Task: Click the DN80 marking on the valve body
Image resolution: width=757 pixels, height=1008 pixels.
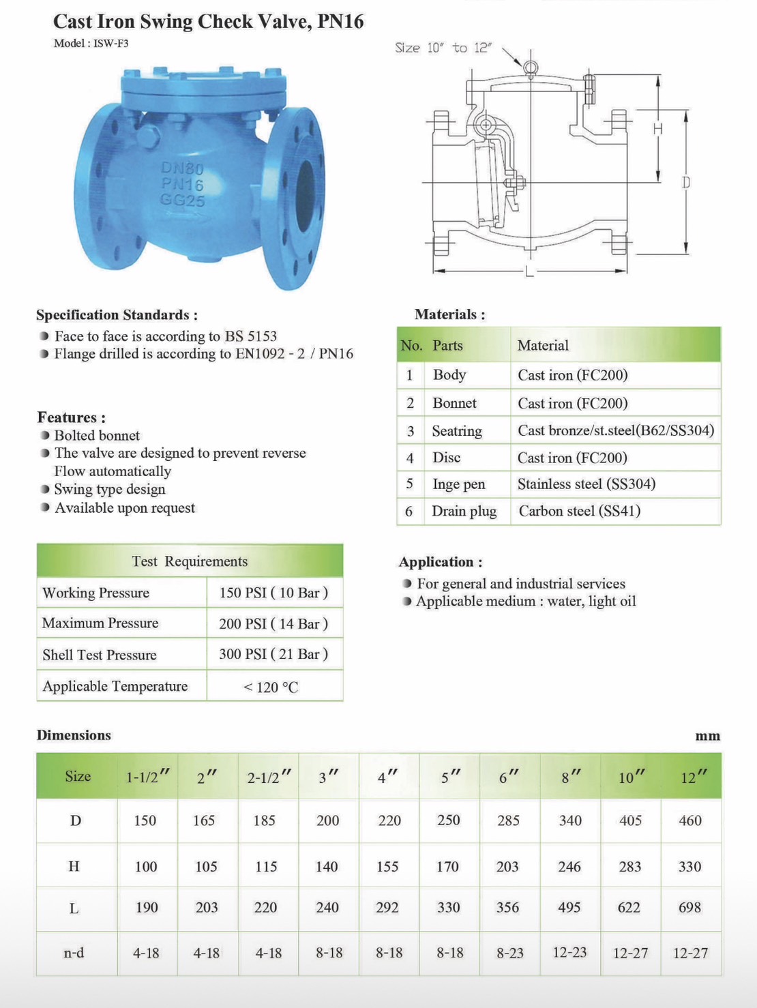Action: [182, 168]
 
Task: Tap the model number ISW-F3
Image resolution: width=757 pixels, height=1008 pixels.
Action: [111, 44]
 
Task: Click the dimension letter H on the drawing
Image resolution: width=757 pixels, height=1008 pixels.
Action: [657, 129]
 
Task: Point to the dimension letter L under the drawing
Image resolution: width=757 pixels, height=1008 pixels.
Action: [529, 272]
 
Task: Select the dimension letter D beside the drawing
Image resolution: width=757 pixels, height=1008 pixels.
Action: [686, 182]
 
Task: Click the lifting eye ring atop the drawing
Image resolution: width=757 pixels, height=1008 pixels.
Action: [530, 68]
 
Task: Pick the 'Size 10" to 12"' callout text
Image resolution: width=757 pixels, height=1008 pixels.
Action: [443, 48]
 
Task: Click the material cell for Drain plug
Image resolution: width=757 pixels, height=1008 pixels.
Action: [580, 511]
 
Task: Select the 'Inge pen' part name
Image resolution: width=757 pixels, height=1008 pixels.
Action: [458, 484]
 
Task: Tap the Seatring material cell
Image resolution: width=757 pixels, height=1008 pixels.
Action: [616, 430]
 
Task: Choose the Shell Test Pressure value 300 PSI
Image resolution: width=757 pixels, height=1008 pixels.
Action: [273, 654]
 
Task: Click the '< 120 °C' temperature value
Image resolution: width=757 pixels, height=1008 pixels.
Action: [271, 687]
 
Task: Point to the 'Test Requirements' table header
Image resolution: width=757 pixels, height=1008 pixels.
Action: [190, 561]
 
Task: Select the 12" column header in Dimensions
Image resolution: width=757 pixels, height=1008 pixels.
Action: [692, 777]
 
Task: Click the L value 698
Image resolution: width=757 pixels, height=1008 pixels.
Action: [690, 908]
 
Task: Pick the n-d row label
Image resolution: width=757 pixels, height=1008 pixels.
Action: [74, 953]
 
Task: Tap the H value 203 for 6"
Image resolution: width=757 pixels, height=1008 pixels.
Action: [507, 867]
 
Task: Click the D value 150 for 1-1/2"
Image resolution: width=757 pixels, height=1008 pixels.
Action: [145, 820]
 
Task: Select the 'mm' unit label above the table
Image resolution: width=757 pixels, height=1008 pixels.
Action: [708, 736]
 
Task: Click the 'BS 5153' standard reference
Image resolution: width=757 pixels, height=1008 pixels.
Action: [251, 336]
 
